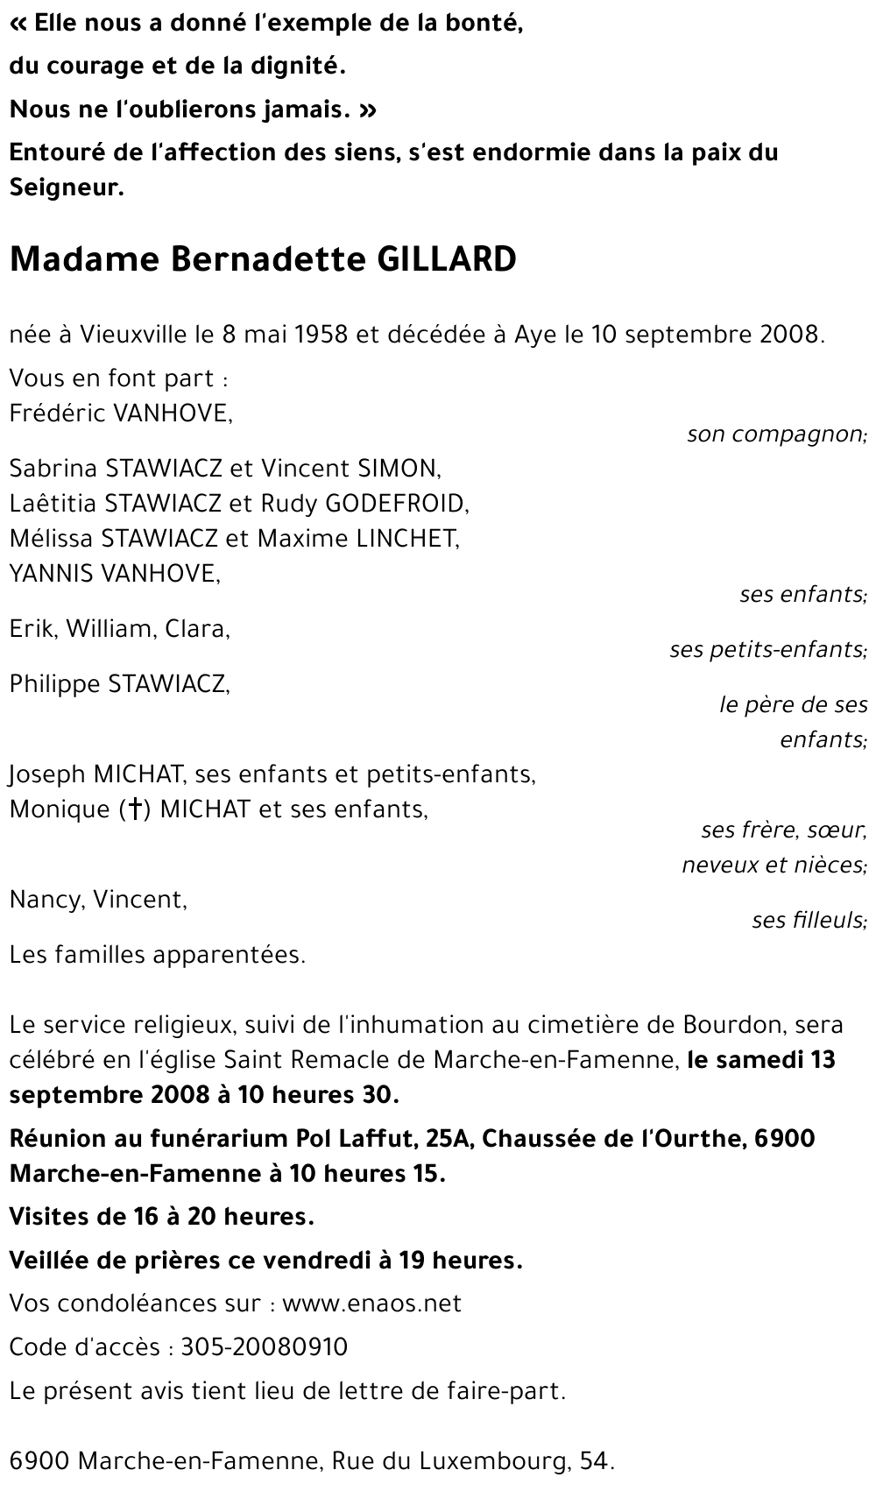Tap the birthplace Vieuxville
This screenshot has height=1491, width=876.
(x=134, y=335)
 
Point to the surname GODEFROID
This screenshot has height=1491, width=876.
(x=396, y=503)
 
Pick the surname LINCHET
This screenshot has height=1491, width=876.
(x=406, y=538)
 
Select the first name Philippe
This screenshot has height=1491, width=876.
(x=54, y=683)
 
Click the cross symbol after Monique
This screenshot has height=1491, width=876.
(x=135, y=809)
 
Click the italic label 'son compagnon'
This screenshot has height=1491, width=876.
(x=776, y=434)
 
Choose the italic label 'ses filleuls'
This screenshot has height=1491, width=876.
(x=809, y=920)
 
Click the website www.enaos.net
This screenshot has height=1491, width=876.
(x=372, y=1303)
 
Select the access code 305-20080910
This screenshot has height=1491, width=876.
(x=264, y=1346)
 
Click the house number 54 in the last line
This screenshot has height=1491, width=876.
(x=596, y=1460)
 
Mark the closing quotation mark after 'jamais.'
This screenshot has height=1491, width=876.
(x=368, y=110)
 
